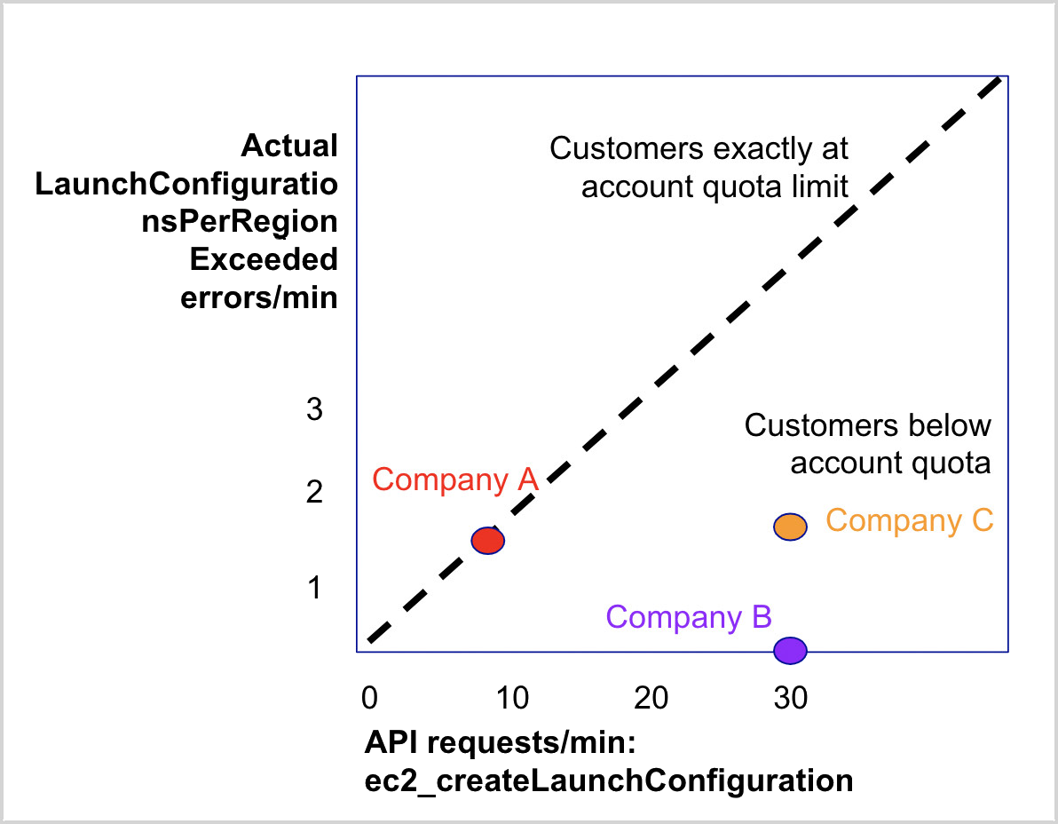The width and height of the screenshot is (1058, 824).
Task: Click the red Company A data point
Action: click(x=487, y=540)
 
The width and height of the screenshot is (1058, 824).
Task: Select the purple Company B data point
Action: click(x=789, y=650)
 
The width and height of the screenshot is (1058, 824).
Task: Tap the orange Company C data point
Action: click(x=789, y=527)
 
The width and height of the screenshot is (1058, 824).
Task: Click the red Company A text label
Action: click(x=455, y=479)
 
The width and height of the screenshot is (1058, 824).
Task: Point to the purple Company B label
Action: click(x=689, y=616)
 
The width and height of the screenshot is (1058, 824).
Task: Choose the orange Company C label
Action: click(x=909, y=520)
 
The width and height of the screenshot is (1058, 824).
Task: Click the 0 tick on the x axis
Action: click(x=370, y=698)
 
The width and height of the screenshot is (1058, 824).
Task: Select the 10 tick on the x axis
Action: click(x=512, y=698)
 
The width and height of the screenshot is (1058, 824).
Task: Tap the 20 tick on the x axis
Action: click(x=651, y=698)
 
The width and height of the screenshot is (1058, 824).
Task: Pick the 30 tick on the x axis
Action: click(x=789, y=698)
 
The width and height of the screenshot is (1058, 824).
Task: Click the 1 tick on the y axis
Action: click(x=313, y=588)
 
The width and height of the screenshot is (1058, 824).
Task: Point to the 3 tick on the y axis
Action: click(x=313, y=410)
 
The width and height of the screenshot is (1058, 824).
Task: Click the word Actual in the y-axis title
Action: click(x=289, y=146)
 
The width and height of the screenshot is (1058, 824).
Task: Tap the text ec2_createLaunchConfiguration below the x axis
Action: click(x=609, y=780)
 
